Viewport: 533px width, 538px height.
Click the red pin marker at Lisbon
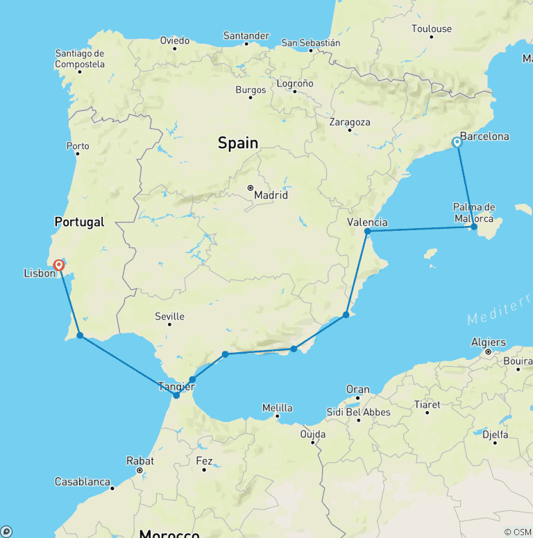pyautogui.click(x=59, y=264)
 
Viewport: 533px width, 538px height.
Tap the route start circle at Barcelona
pyautogui.click(x=457, y=142)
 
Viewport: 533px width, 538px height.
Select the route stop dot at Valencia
pyautogui.click(x=367, y=232)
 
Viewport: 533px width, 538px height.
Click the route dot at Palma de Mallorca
pyautogui.click(x=474, y=227)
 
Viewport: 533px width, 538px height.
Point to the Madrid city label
pyautogui.click(x=271, y=195)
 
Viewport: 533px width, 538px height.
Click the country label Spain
pyautogui.click(x=238, y=143)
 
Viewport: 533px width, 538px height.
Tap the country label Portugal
pyautogui.click(x=79, y=222)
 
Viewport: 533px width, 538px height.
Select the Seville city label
pyautogui.click(x=169, y=316)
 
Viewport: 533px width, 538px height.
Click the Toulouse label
pyautogui.click(x=431, y=28)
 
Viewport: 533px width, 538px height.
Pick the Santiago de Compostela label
pyautogui.click(x=80, y=59)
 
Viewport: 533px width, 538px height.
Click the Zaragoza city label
pyautogui.click(x=350, y=122)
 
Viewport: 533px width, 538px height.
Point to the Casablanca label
pyautogui.click(x=83, y=482)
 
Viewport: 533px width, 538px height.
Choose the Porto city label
pyautogui.click(x=78, y=146)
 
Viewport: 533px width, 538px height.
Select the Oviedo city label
pyautogui.click(x=174, y=40)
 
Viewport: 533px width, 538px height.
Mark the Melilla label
pyautogui.click(x=277, y=408)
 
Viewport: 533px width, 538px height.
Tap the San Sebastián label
pyautogui.click(x=311, y=42)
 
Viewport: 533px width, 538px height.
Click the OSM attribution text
pyautogui.click(x=518, y=532)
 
